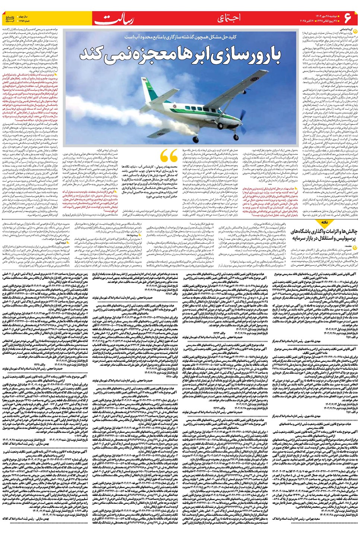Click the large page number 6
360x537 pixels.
coord(348,18)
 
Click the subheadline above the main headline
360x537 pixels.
coord(180,37)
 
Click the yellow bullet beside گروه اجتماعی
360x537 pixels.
coord(354,29)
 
